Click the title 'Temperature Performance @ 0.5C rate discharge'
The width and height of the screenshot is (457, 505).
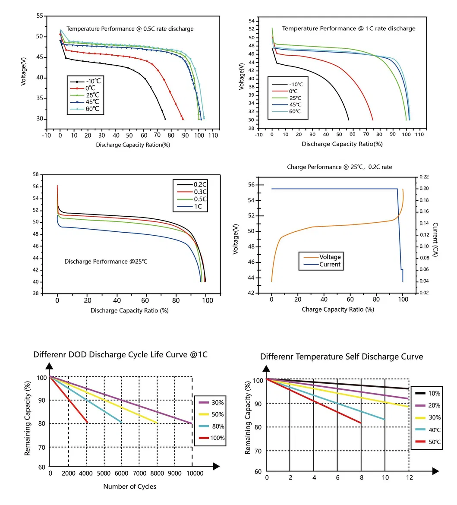pos(130,29)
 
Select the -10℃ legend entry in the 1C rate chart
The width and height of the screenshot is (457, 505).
pos(295,84)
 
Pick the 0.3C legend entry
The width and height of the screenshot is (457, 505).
pos(200,192)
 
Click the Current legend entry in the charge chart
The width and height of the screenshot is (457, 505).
pos(330,265)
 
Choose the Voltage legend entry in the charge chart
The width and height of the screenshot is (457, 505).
pos(330,257)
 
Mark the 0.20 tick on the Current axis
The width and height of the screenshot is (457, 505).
pos(424,189)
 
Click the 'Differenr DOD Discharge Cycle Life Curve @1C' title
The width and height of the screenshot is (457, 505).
pos(120,355)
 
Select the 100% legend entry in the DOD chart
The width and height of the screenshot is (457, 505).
pos(217,438)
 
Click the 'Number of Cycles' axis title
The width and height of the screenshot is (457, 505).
pos(129,486)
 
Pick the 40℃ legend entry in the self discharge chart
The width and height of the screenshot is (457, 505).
pos(434,429)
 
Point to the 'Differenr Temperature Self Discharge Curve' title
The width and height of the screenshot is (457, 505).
pos(341,357)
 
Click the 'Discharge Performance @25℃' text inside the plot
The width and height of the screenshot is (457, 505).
pos(106,262)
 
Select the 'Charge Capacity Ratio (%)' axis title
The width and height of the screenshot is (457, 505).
pos(338,309)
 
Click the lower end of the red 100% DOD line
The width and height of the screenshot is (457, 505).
pos(87,423)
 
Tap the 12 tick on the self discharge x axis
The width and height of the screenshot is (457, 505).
pos(409,478)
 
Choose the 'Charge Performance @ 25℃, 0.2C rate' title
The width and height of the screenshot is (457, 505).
pos(339,167)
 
